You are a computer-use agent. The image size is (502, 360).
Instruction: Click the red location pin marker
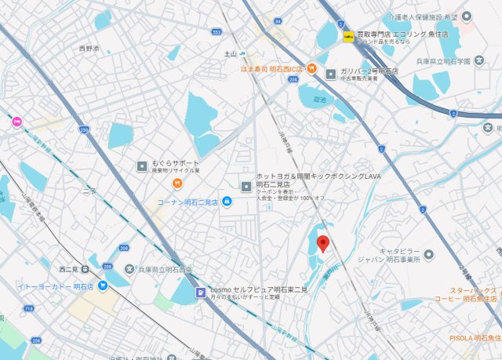pos(322,244)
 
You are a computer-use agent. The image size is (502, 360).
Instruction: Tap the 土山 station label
pos(231,54)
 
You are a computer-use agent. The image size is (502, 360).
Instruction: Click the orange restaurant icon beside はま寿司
pos(312,68)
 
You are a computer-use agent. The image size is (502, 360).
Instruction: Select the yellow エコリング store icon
pos(347,36)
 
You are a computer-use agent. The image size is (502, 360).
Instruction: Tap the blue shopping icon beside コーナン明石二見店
pos(226,202)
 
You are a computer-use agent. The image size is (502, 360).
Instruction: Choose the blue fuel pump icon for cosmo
pos(200,293)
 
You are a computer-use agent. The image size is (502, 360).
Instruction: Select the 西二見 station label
pos(68,269)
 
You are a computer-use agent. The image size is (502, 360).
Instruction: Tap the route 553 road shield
pos(216,32)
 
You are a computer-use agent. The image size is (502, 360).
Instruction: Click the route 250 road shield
pos(84,129)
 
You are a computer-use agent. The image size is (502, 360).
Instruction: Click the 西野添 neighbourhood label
pos(89,49)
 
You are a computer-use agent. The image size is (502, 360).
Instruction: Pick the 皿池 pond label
pos(317,100)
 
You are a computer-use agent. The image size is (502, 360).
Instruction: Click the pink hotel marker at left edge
pos(16,122)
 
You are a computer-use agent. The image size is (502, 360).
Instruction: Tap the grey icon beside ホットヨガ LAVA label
pos(246,186)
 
